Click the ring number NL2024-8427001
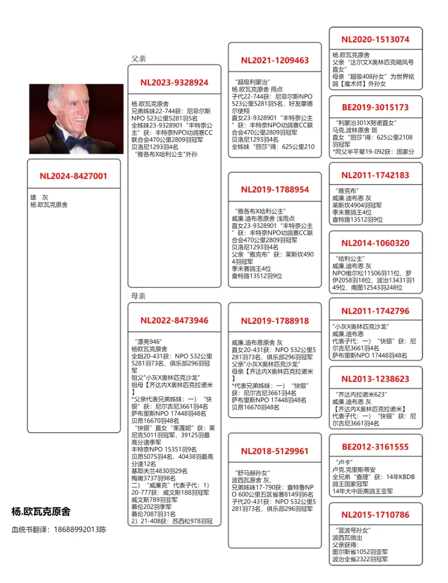73,176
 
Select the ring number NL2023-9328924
174,82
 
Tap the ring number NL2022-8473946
174,320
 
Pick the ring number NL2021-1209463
275,60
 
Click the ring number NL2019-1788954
275,189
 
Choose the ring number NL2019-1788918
275,321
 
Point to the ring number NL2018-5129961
275,451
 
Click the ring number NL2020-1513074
376,39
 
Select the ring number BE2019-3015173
376,107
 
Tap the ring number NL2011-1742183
376,175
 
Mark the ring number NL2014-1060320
376,243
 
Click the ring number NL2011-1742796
376,311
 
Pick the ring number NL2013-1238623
376,379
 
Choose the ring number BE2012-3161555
376,447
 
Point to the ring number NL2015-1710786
376,515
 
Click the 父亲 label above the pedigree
138,59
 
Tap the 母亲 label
138,296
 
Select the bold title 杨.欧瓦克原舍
41,511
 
